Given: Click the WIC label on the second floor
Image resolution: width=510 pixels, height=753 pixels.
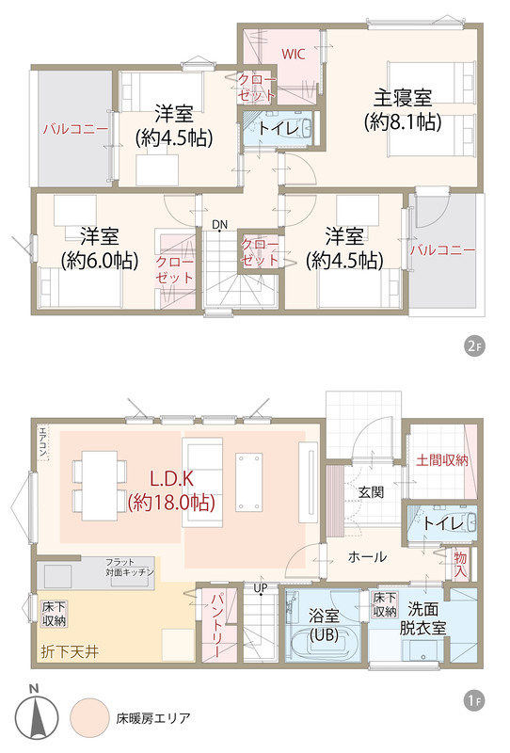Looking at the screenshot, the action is pyautogui.click(x=293, y=54).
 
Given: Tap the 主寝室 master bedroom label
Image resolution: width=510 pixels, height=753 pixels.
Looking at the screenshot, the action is pyautogui.click(x=403, y=99).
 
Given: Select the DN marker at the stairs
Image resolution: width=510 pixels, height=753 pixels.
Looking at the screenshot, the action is pyautogui.click(x=219, y=224).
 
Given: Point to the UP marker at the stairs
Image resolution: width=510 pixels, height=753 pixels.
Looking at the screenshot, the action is pyautogui.click(x=261, y=587).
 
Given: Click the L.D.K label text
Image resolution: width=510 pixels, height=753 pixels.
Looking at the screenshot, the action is pyautogui.click(x=171, y=479).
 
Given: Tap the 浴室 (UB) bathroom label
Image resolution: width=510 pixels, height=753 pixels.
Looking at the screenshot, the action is pyautogui.click(x=324, y=625).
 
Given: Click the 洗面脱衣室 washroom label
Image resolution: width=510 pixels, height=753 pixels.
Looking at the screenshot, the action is pyautogui.click(x=423, y=618).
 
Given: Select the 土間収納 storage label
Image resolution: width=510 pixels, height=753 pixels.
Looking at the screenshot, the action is pyautogui.click(x=442, y=460).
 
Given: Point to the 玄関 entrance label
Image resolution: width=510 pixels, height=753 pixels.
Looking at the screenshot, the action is pyautogui.click(x=372, y=491).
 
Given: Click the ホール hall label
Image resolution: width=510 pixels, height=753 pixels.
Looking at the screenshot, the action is pyautogui.click(x=367, y=557).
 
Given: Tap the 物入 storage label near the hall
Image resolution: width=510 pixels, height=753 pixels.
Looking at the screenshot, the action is pyautogui.click(x=460, y=564).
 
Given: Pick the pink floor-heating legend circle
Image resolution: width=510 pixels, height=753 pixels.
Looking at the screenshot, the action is pyautogui.click(x=89, y=718).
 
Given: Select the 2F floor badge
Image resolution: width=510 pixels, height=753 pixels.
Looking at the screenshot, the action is pyautogui.click(x=474, y=346).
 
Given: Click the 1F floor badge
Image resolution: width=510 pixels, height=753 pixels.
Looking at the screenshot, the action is pyautogui.click(x=474, y=700).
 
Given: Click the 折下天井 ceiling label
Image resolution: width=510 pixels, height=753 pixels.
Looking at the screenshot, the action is pyautogui.click(x=71, y=651).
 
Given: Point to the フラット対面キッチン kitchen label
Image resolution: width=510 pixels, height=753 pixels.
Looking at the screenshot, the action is pyautogui.click(x=130, y=567).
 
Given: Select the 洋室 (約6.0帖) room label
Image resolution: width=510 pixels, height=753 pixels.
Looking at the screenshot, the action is pyautogui.click(x=100, y=248).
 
